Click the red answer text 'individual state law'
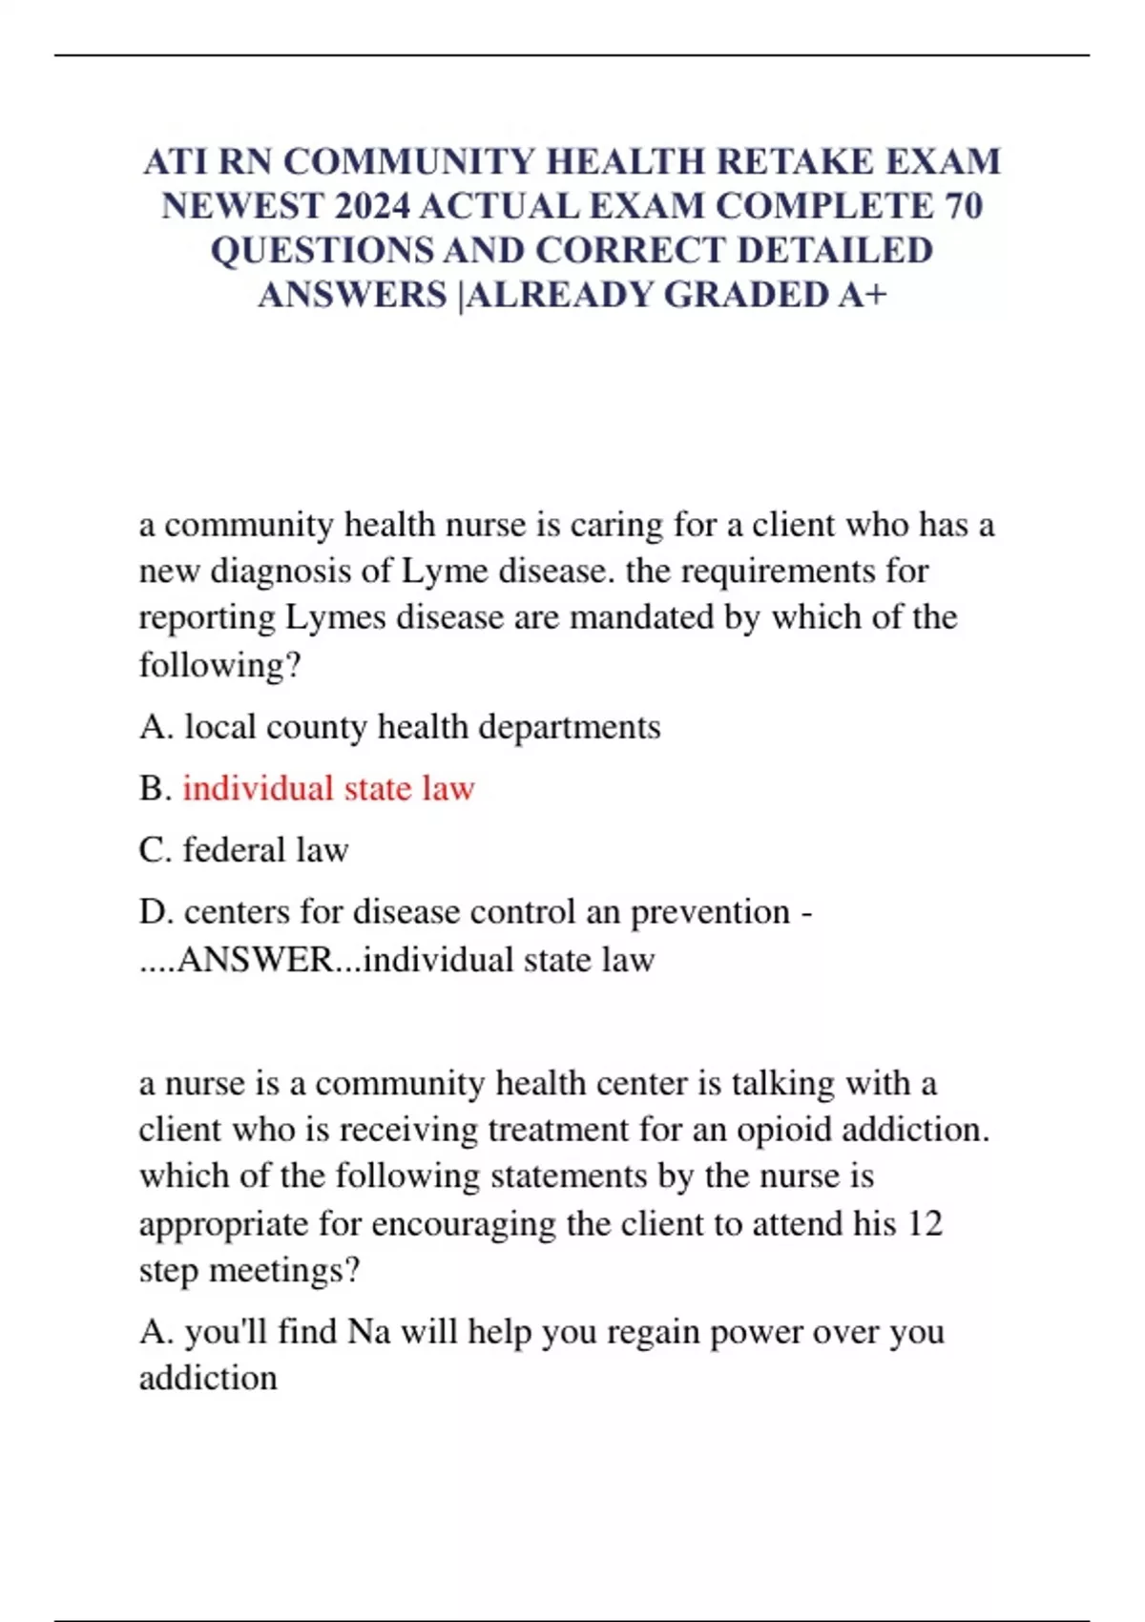328,788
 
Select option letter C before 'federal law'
153,850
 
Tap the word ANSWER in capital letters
255,959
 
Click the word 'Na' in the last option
368,1331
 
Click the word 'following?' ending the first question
219,665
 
